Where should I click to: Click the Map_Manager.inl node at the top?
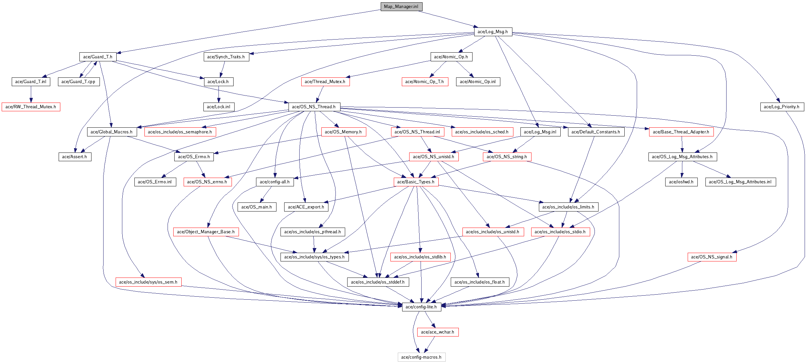pyautogui.click(x=401, y=7)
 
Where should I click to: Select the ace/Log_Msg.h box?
pyautogui.click(x=493, y=32)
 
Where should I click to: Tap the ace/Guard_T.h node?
pyautogui.click(x=98, y=57)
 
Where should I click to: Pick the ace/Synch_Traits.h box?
pyautogui.click(x=226, y=57)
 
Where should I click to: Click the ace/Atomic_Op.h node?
pyautogui.click(x=451, y=57)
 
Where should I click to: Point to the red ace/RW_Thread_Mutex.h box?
pyautogui.click(x=31, y=107)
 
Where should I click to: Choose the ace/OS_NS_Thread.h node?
pyautogui.click(x=314, y=107)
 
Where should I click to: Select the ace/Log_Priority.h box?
pyautogui.click(x=782, y=107)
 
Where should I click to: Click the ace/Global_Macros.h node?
pyautogui.click(x=112, y=132)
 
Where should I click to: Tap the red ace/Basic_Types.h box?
pyautogui.click(x=416, y=182)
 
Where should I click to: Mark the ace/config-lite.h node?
pyautogui.click(x=421, y=307)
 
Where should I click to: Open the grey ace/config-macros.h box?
pyautogui.click(x=421, y=357)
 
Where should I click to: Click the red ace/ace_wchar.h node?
pyautogui.click(x=438, y=332)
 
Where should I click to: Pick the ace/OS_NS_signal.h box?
pyautogui.click(x=712, y=257)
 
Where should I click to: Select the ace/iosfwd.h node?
pyautogui.click(x=681, y=182)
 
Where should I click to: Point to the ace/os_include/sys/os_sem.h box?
pyautogui.click(x=148, y=282)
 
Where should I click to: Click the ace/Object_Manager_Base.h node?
pyautogui.click(x=206, y=232)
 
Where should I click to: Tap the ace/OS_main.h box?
pyautogui.click(x=257, y=207)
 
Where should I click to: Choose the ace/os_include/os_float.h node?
pyautogui.click(x=480, y=282)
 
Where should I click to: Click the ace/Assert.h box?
pyautogui.click(x=75, y=157)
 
